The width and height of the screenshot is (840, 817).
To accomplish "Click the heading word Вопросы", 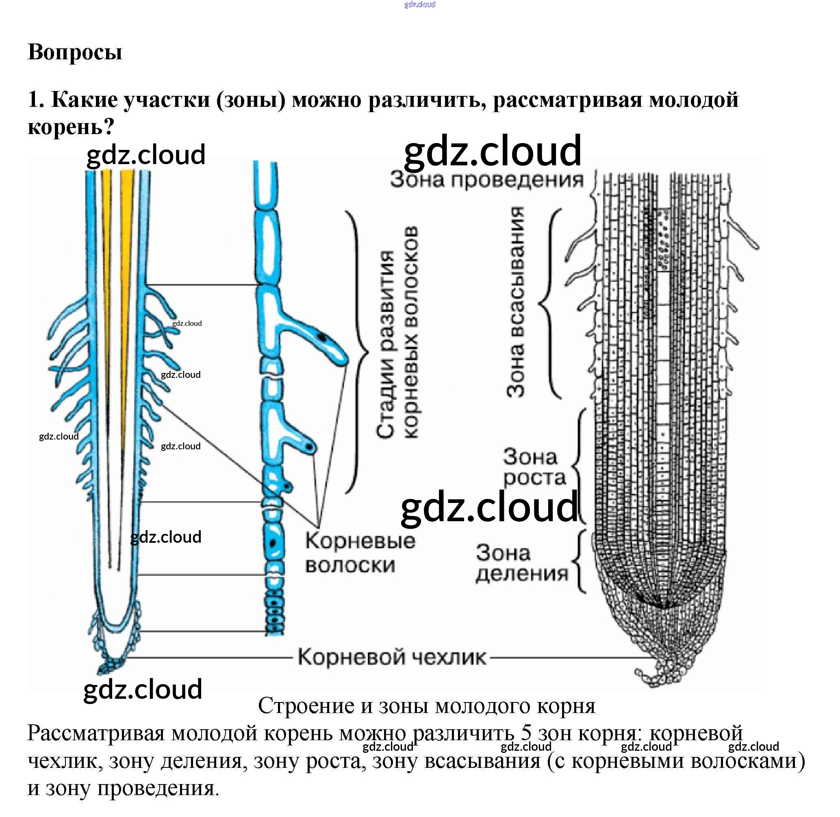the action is click(75, 52).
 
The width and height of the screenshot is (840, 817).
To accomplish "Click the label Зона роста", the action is click(534, 467).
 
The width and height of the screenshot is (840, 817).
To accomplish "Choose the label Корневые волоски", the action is click(360, 553).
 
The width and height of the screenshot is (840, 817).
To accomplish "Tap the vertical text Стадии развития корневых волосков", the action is click(397, 333).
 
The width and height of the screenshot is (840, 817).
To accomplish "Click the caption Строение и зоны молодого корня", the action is click(427, 706).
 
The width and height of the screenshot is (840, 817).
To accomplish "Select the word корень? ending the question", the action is click(71, 126).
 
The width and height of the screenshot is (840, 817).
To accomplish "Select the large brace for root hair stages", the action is click(358, 352).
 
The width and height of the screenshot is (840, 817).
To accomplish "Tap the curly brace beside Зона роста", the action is click(580, 466).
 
